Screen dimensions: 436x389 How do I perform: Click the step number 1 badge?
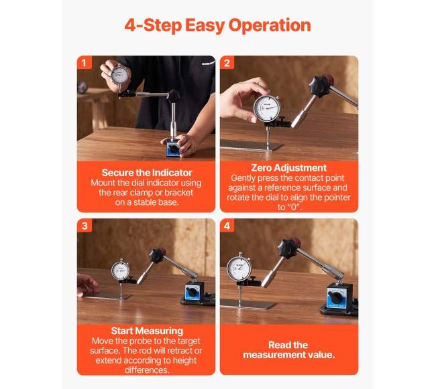[85, 63]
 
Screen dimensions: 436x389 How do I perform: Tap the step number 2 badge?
[227, 63]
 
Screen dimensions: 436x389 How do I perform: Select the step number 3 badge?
[85, 226]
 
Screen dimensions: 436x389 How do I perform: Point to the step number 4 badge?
[227, 226]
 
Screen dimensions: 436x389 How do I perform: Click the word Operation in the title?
[270, 25]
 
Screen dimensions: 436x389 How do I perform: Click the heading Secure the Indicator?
[147, 173]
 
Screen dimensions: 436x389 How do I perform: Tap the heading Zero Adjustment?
[288, 168]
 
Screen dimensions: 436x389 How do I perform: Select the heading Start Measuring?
[147, 331]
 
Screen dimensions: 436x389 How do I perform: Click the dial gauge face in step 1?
[120, 75]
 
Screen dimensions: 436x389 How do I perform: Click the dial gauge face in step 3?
[120, 270]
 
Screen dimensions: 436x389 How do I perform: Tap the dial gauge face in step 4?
[239, 269]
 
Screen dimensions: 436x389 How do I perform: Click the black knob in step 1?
[173, 96]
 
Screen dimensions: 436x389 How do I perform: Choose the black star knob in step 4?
[289, 248]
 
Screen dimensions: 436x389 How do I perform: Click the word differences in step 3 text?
[147, 370]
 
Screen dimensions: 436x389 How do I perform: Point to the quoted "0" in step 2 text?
[294, 207]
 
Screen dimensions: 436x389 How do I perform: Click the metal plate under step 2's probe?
[251, 145]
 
